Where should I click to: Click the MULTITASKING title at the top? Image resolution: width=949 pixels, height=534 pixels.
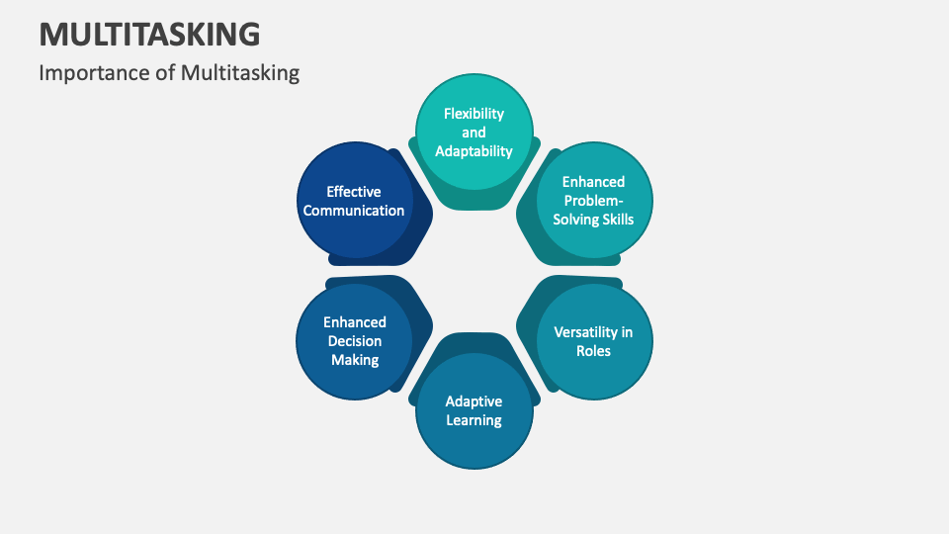[x=150, y=34]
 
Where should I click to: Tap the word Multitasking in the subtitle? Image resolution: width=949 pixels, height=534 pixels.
[x=240, y=73]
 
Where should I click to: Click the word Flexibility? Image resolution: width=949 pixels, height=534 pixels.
[x=474, y=114]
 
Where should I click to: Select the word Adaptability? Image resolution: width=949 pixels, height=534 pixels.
[x=474, y=151]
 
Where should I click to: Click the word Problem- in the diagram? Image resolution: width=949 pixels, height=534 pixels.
[x=593, y=201]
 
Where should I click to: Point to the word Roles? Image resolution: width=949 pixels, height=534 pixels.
[x=594, y=351]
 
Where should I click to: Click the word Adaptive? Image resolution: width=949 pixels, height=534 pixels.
[x=474, y=401]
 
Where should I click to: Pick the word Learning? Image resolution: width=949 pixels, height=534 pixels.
[x=474, y=420]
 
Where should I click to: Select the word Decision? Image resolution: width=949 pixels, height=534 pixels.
[x=354, y=341]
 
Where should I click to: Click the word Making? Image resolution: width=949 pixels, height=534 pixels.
[x=354, y=360]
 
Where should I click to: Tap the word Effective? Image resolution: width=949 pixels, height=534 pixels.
[x=354, y=192]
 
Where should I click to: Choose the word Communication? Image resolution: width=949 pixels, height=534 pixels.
[x=354, y=211]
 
